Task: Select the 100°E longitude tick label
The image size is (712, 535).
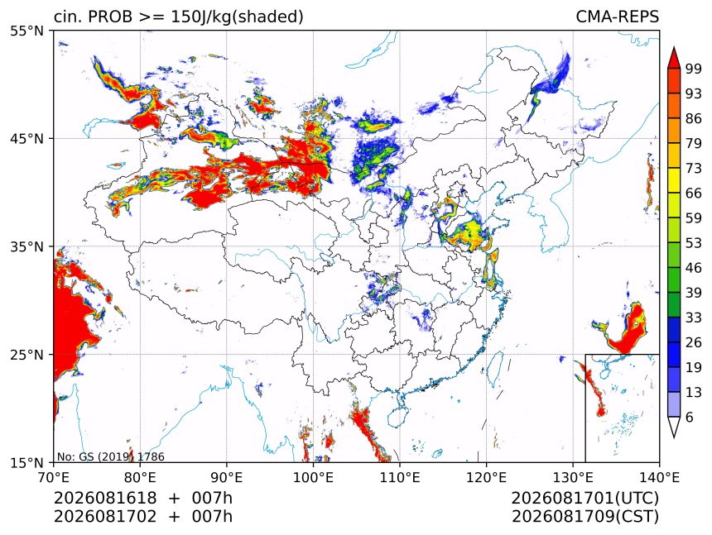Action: click(x=313, y=477)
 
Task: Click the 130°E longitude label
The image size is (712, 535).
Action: click(x=573, y=477)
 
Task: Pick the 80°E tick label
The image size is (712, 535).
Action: click(x=140, y=477)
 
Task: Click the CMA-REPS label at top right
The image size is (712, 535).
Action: click(x=617, y=17)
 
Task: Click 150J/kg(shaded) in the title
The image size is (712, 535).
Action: click(x=237, y=17)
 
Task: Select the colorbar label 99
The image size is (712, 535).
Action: click(x=694, y=69)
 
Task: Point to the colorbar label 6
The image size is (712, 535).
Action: click(x=690, y=417)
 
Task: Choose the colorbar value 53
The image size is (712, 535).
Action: click(x=694, y=243)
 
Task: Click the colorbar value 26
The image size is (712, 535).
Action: click(x=694, y=342)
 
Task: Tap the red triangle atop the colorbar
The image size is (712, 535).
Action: click(x=674, y=59)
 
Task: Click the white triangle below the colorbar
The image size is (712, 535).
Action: click(x=674, y=426)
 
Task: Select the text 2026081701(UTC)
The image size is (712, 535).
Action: click(x=585, y=499)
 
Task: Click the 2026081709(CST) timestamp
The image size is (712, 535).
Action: click(x=585, y=517)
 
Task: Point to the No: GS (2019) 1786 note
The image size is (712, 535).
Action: click(x=110, y=456)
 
